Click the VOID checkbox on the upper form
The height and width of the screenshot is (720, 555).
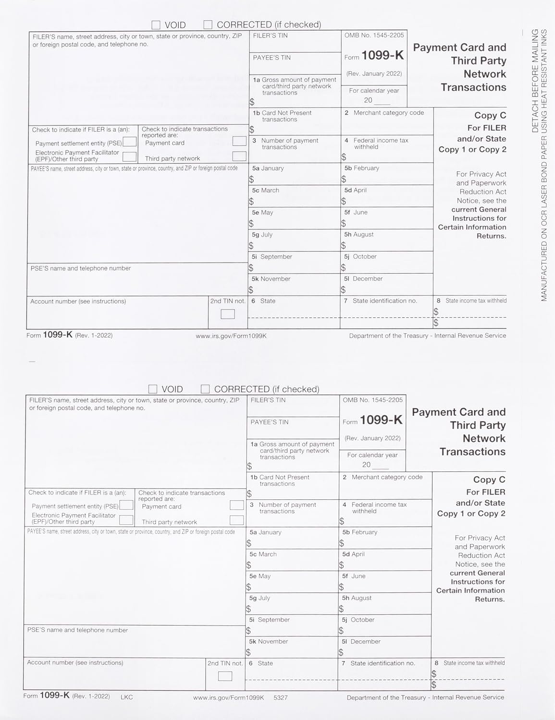click(156, 25)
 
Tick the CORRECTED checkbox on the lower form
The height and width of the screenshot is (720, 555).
click(205, 389)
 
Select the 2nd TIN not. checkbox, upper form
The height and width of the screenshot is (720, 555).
click(228, 314)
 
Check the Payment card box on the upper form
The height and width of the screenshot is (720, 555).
click(239, 141)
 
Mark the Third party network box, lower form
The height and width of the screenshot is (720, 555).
click(236, 520)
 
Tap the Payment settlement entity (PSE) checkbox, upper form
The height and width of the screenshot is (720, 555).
click(129, 142)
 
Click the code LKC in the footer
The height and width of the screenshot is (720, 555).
click(127, 696)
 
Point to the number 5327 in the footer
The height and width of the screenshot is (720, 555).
click(280, 697)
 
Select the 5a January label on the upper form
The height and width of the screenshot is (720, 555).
click(268, 168)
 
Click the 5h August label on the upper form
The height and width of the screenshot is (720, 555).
click(358, 235)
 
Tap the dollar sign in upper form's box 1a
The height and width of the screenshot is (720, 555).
click(252, 102)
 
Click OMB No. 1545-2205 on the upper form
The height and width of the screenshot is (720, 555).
click(374, 35)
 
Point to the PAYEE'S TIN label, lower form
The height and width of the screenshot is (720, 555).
click(269, 422)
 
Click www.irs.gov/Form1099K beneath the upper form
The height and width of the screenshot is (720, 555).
click(231, 336)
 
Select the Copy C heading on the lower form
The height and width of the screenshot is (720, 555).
click(489, 480)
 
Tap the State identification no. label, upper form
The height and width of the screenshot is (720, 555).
click(384, 301)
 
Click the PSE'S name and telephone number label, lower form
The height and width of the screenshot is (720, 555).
click(77, 630)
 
